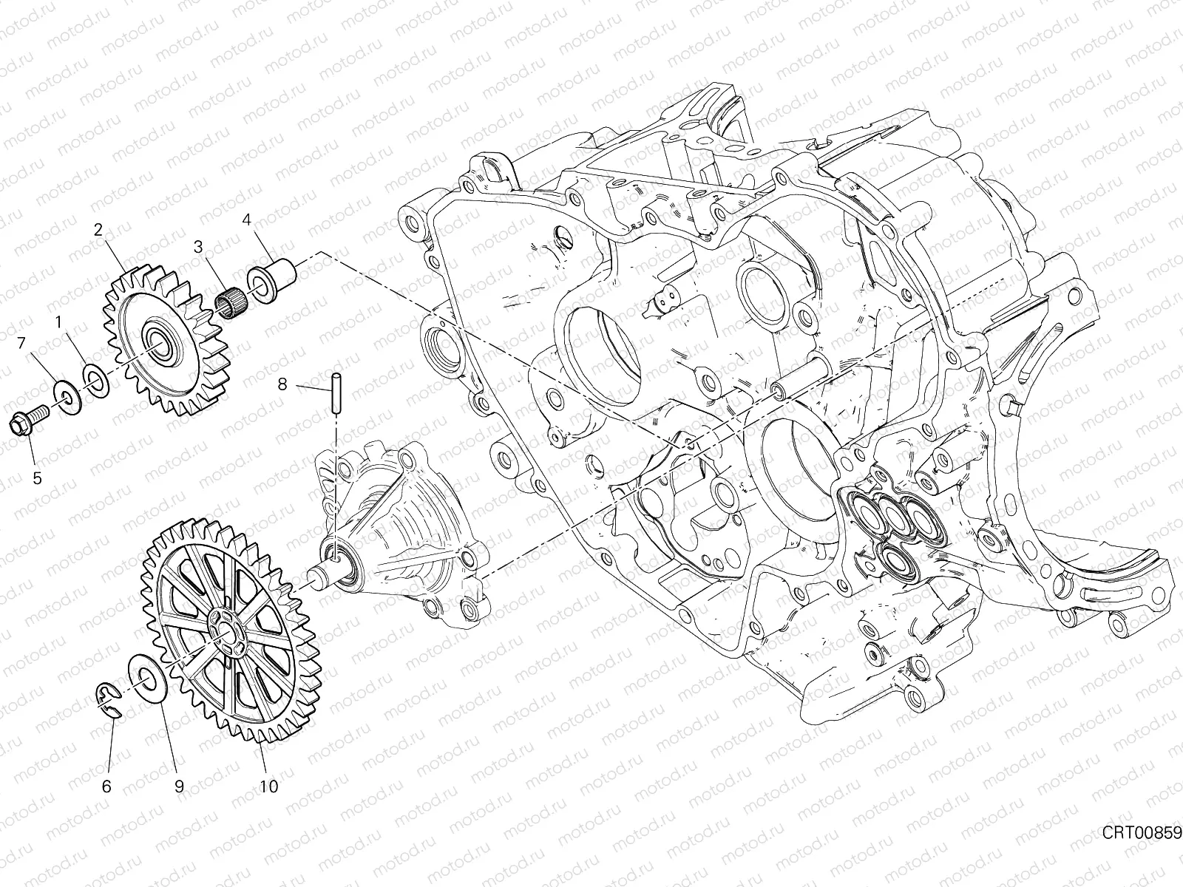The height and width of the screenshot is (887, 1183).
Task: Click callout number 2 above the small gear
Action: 98,229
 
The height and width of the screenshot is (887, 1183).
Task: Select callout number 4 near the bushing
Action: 246,220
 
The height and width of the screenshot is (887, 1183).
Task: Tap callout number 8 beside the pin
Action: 282,384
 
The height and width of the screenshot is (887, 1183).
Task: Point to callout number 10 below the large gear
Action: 269,786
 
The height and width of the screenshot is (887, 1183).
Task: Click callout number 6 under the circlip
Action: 106,786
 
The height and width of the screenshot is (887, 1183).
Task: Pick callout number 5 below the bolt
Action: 37,478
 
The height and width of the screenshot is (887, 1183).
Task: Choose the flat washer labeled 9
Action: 147,676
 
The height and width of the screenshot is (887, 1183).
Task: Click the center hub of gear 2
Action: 159,340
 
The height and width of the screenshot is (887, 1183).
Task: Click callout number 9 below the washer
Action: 179,786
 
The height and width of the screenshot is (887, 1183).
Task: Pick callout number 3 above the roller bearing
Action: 197,246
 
